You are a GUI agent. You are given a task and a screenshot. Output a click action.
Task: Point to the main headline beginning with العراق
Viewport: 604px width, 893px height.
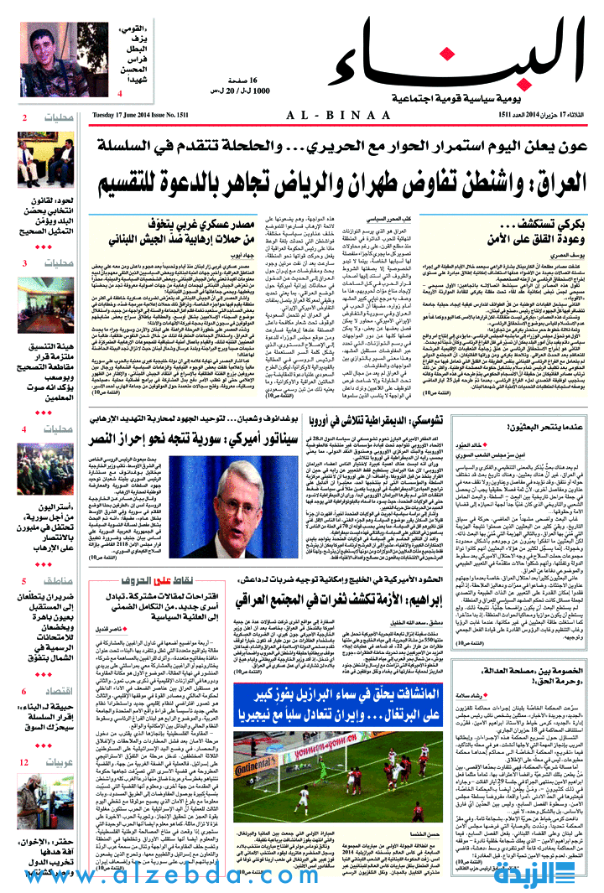point(346,181)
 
